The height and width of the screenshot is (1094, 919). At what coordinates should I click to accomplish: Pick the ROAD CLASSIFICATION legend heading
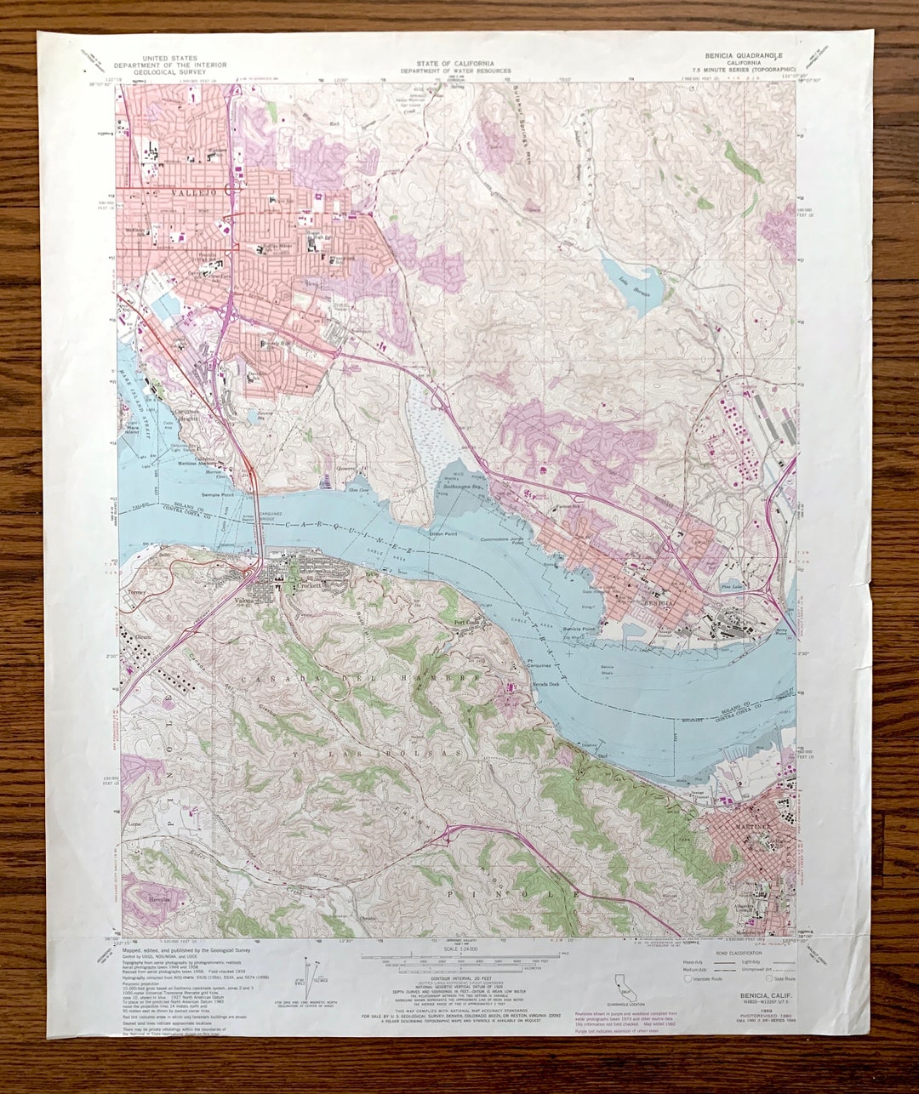pos(739,953)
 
